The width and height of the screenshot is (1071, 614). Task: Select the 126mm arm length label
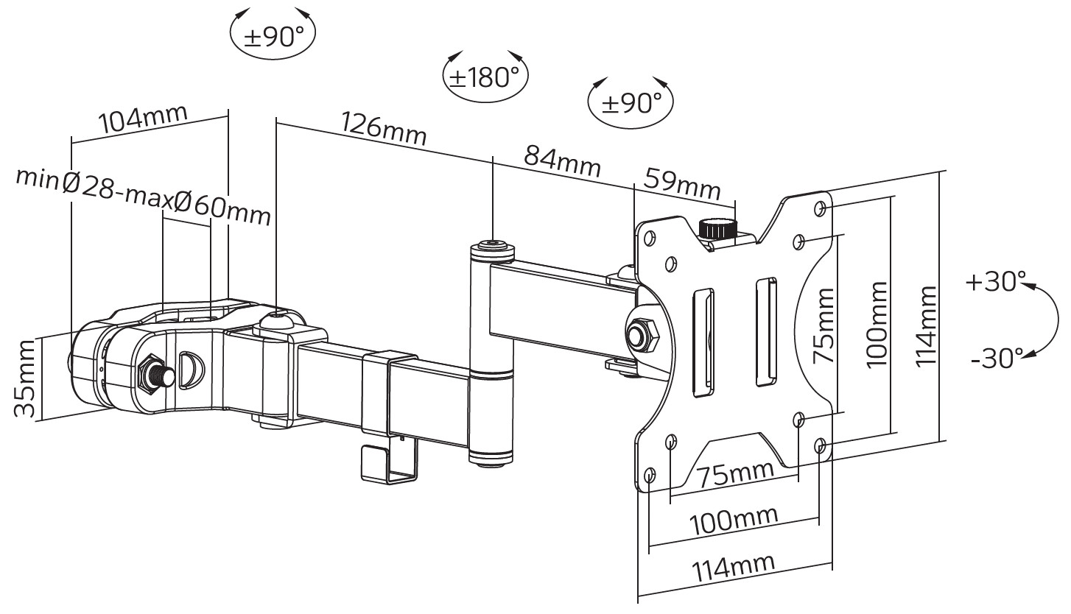coord(384,128)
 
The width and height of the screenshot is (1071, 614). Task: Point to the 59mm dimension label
coord(682,184)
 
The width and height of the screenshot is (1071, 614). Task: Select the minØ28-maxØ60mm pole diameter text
coord(143,196)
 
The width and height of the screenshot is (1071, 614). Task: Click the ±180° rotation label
coord(485,77)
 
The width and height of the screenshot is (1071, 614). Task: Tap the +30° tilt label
coord(995,281)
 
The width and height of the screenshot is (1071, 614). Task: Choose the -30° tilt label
coord(997,358)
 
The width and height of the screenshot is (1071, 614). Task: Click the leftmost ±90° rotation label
coord(273,36)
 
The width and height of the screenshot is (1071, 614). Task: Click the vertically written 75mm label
coord(824,325)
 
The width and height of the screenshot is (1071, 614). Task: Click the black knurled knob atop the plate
coord(719,230)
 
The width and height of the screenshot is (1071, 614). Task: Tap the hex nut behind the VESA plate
coord(642,333)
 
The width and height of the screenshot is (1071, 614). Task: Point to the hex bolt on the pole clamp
coord(155,374)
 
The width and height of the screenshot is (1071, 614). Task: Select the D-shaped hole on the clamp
coord(192,370)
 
